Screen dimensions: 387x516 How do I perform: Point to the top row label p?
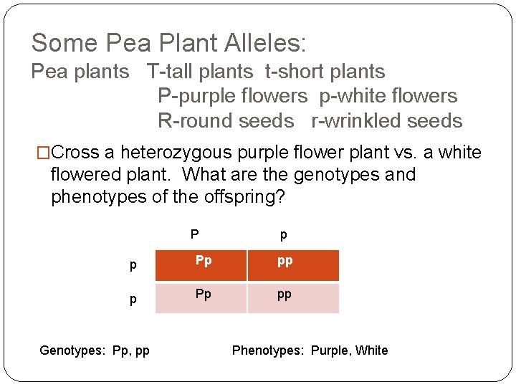(133, 266)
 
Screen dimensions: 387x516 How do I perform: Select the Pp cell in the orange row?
(204, 261)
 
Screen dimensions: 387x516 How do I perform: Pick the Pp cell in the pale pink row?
(204, 294)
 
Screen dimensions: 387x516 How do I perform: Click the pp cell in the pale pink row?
(285, 295)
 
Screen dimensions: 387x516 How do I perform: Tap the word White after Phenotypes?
(371, 350)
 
